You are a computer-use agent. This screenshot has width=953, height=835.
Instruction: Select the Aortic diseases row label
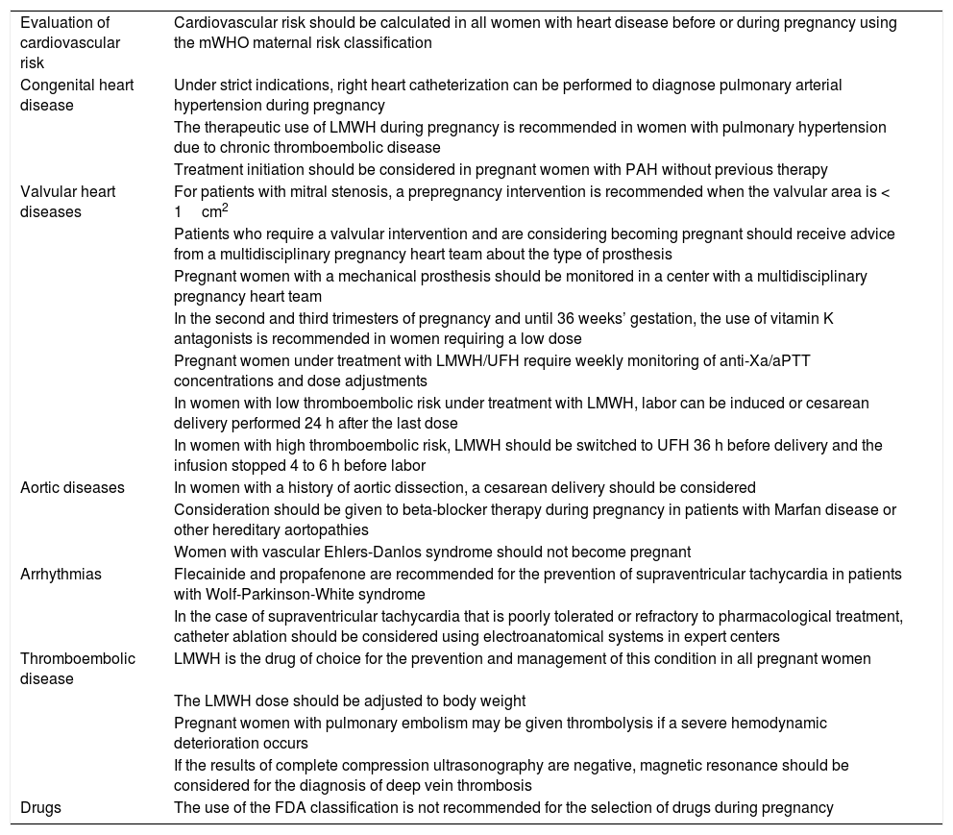click(x=72, y=487)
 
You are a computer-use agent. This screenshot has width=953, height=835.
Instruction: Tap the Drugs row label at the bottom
click(x=40, y=807)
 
